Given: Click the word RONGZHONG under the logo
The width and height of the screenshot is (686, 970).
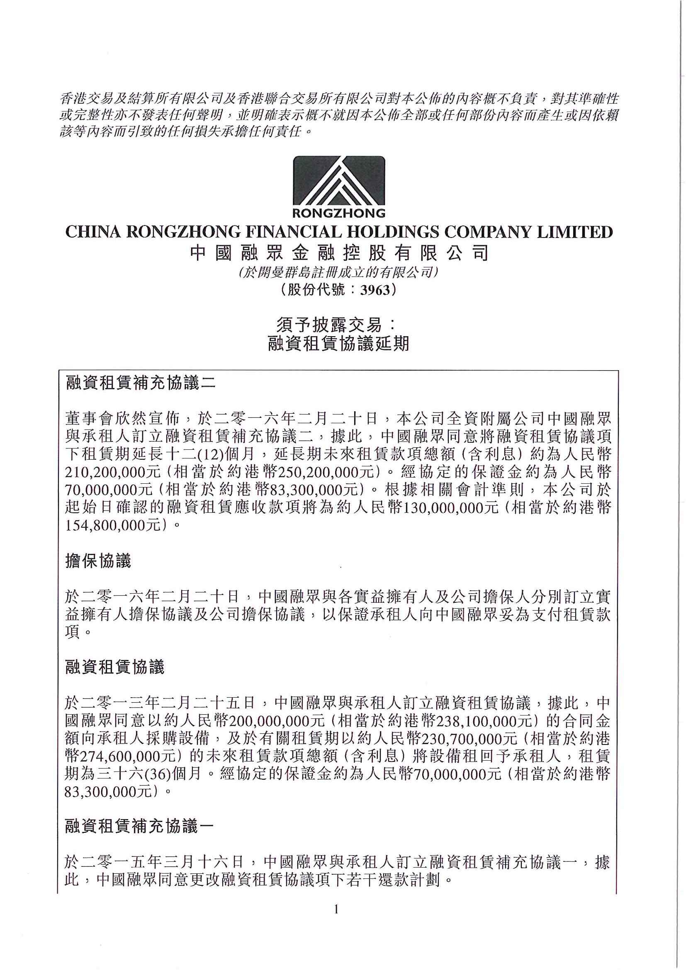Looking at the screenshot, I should (339, 213).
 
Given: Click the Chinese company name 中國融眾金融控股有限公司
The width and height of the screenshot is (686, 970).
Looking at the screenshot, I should (339, 253).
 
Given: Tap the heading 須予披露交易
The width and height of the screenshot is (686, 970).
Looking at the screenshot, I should (336, 325).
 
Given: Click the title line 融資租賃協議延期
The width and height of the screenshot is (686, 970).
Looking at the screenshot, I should (339, 344).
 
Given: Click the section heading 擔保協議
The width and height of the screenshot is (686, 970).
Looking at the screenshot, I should (98, 561).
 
